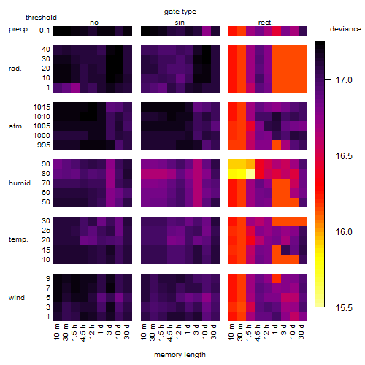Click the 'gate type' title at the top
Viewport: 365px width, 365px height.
pyautogui.click(x=180, y=12)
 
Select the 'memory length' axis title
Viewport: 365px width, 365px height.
pyautogui.click(x=180, y=355)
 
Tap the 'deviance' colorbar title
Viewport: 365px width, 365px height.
pyautogui.click(x=345, y=29)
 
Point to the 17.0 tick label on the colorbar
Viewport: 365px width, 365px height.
pyautogui.click(x=344, y=80)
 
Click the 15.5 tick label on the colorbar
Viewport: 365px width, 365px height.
pyautogui.click(x=344, y=308)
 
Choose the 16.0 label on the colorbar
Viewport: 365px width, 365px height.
pyautogui.click(x=344, y=232)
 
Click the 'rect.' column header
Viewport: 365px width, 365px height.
pyautogui.click(x=266, y=23)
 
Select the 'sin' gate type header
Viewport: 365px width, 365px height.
pyautogui.click(x=180, y=23)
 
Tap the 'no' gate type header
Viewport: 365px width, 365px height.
pyautogui.click(x=94, y=23)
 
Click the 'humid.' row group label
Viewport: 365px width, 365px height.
pyautogui.click(x=20, y=183)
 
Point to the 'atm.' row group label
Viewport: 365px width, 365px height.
pyautogui.click(x=16, y=126)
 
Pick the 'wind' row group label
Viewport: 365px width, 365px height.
pyautogui.click(x=17, y=298)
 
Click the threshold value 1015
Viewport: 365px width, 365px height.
pyautogui.click(x=42, y=107)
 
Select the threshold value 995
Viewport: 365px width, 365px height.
pyautogui.click(x=44, y=145)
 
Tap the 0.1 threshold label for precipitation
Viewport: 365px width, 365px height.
pyautogui.click(x=45, y=31)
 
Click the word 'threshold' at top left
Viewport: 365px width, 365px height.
pyautogui.click(x=41, y=18)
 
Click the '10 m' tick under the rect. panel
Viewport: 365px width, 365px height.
pyautogui.click(x=231, y=331)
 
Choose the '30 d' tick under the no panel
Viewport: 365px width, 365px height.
pyautogui.click(x=126, y=331)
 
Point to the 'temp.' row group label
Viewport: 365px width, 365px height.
pyautogui.click(x=18, y=239)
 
